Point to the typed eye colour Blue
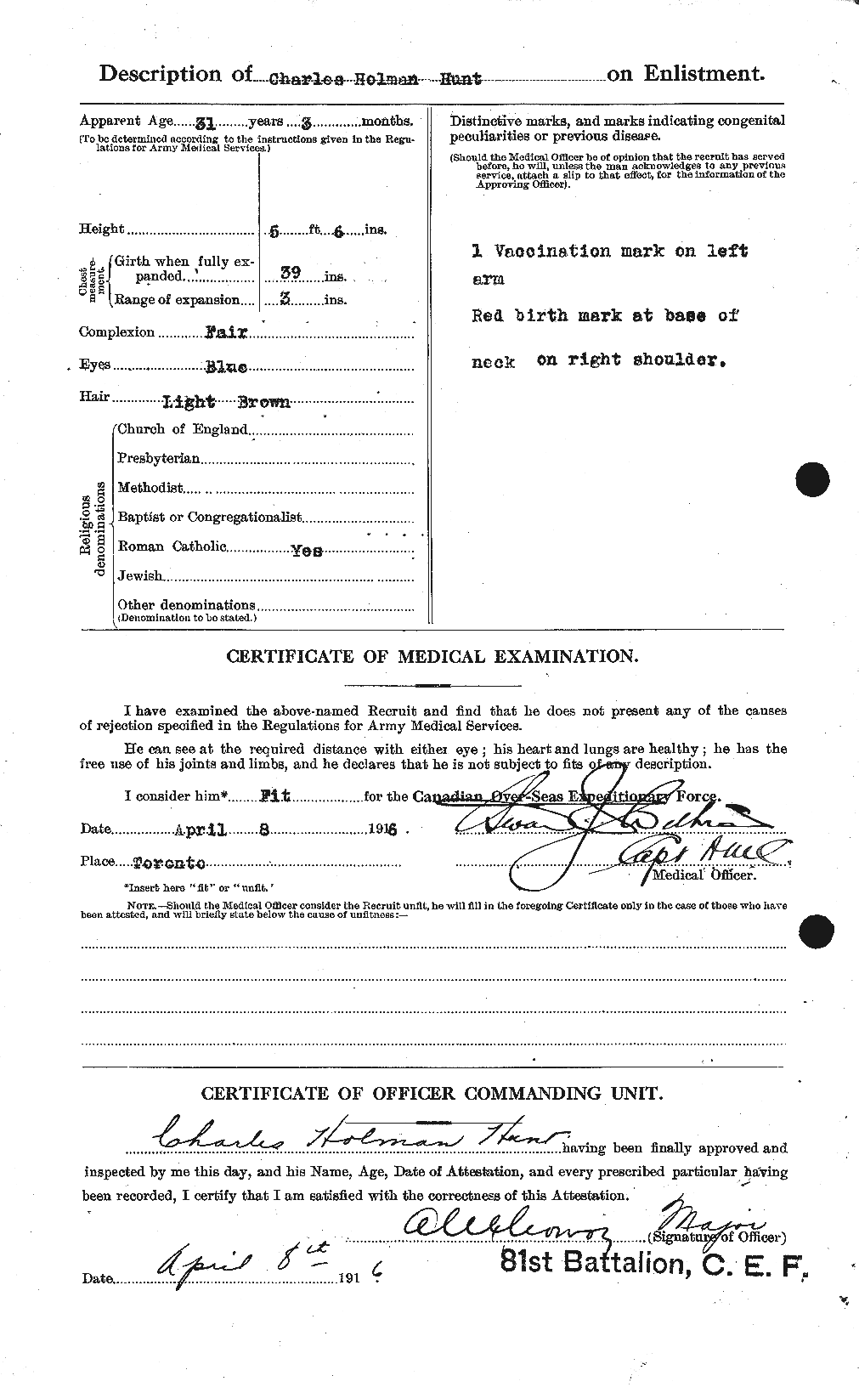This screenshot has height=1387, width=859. [227, 367]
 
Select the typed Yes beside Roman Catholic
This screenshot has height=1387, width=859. [307, 550]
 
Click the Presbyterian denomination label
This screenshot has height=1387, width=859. [158, 459]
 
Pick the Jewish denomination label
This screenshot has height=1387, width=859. [140, 576]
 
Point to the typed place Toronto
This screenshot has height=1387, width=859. [170, 863]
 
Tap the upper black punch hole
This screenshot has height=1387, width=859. [814, 479]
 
